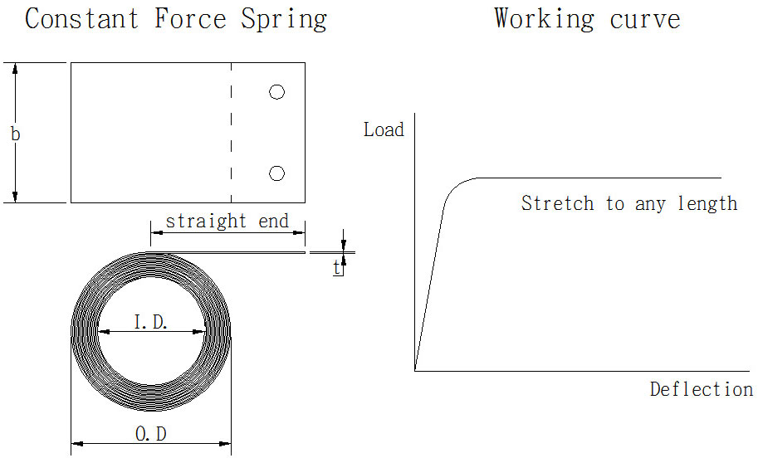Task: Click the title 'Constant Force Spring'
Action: pos(175,19)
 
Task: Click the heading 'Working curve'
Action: pos(587,18)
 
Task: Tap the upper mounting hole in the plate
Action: pos(277,92)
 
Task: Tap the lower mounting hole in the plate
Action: pos(277,173)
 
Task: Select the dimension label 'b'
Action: pos(15,133)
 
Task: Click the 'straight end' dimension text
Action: pos(227,222)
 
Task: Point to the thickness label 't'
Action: pos(338,267)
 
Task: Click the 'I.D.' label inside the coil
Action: pos(151,322)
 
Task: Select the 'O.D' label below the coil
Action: pos(151,434)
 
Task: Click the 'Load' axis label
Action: pos(384,130)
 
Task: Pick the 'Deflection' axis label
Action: pos(701,389)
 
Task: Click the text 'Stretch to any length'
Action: pos(628,203)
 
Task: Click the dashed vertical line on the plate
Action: pos(231,133)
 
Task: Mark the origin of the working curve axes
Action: pos(414,370)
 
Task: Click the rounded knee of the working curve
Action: pos(453,189)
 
